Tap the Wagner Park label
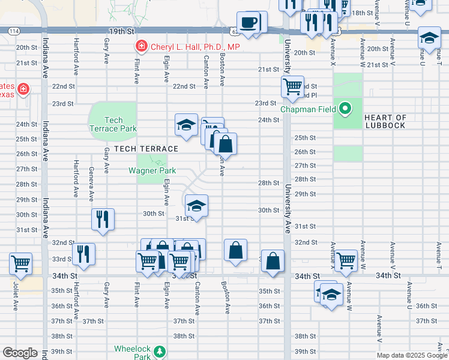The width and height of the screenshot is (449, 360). coord(152,170)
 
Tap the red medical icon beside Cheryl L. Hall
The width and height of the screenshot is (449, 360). coord(142,46)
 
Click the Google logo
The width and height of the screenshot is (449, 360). coord(20,353)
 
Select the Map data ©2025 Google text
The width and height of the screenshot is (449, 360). coord(412,355)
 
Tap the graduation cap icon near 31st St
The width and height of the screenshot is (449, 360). coord(196,206)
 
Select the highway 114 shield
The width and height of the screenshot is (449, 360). coord(14,31)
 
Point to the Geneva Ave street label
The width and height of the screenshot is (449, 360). coord(91,188)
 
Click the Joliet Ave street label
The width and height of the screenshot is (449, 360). coord(14,296)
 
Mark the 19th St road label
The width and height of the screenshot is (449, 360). coord(120,30)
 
